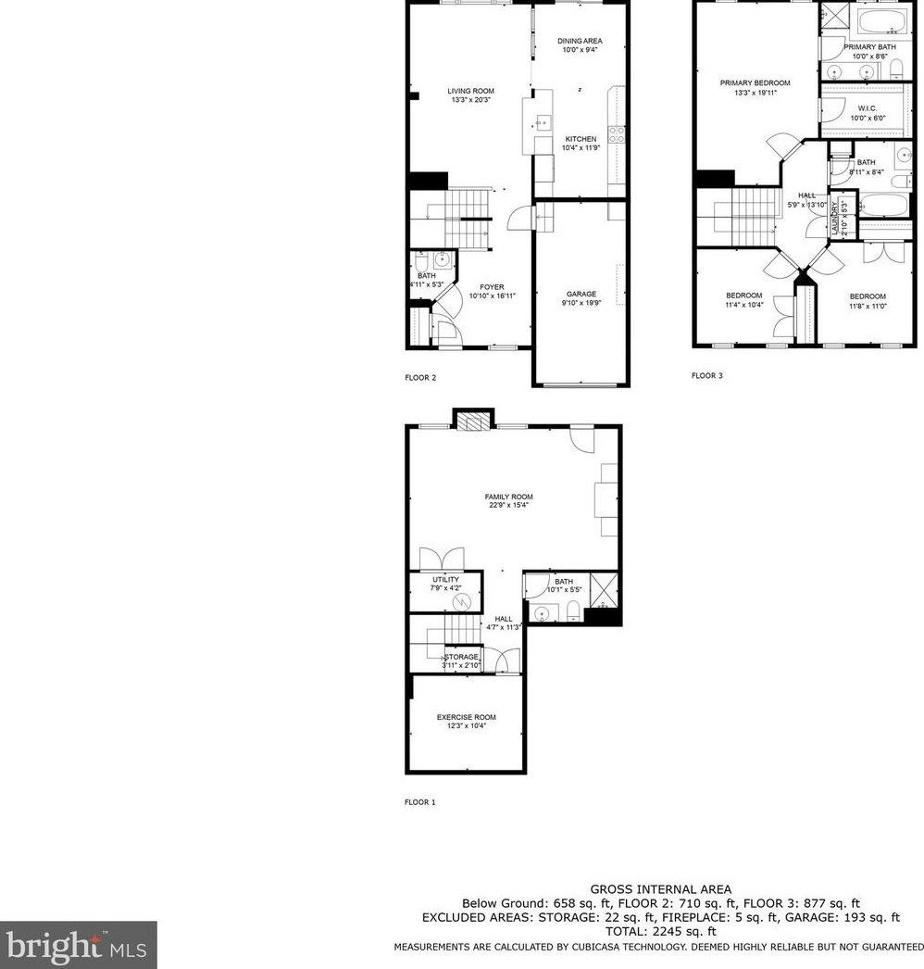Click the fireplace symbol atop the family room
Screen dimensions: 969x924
point(472,420)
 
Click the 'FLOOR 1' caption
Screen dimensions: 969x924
point(419,802)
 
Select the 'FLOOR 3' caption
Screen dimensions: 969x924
point(706,376)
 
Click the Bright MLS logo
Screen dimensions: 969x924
point(78,945)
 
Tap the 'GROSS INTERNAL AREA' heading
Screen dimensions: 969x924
point(660,889)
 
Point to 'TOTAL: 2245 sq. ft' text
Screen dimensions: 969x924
point(660,931)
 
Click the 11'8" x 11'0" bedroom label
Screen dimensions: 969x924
point(868,300)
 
